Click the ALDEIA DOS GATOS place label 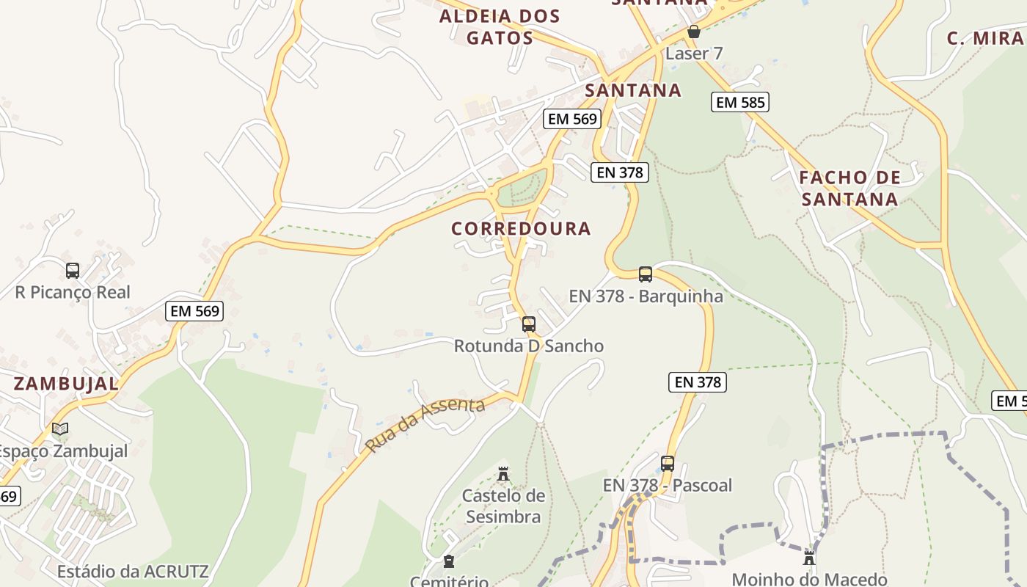coord(500,26)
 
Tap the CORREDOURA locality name coord(521,229)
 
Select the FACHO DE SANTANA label coord(849,189)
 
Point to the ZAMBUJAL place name coord(66,383)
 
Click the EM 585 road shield coord(739,102)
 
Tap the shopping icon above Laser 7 coord(693,32)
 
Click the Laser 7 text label coord(694,54)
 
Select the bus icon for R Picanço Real coord(72,271)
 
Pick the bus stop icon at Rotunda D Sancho coord(528,324)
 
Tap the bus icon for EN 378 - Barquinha coord(645,274)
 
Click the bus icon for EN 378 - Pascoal coord(667,464)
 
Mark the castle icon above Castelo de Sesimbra coord(503,474)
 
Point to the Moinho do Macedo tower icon coord(809,558)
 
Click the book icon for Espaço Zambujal coord(60,429)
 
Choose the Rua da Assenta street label coord(425,425)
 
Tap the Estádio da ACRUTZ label coord(133,571)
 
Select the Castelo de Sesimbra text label coord(503,506)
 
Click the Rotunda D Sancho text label coord(528,346)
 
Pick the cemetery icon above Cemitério coord(449,562)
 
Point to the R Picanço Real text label coord(73,292)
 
